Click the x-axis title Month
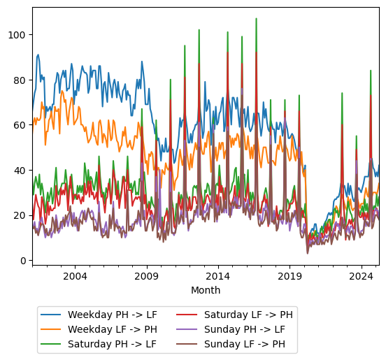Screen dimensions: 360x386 click(206, 290)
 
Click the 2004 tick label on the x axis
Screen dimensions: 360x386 click(75, 276)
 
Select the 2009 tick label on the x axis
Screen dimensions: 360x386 click(146, 276)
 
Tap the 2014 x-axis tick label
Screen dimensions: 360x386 click(218, 276)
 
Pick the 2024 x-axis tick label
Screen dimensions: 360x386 click(361, 276)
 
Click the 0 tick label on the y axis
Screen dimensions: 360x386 click(24, 261)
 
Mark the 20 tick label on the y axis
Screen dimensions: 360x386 click(21, 215)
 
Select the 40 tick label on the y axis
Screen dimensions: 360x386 click(21, 170)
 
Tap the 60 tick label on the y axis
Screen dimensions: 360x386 click(21, 125)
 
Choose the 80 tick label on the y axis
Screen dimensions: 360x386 click(21, 80)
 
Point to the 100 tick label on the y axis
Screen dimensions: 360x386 click(19, 35)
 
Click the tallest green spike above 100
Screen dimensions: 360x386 click(256, 19)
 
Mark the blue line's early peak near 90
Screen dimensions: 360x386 click(38, 55)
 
